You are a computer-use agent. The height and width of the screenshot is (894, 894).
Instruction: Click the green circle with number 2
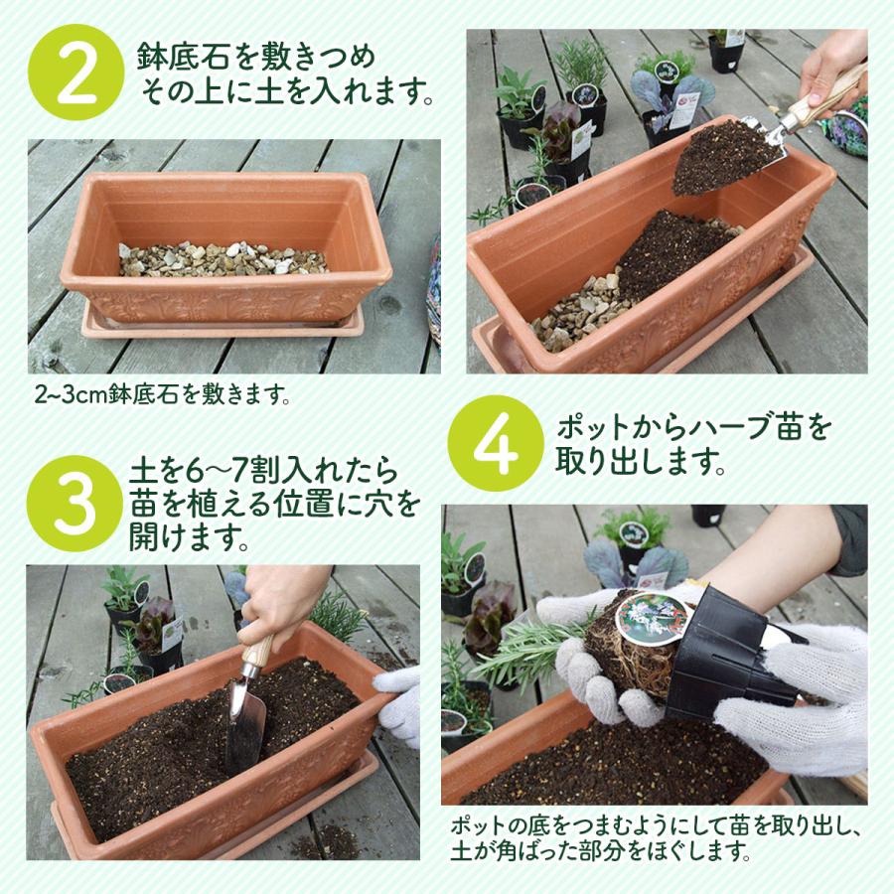pyautogui.click(x=76, y=78)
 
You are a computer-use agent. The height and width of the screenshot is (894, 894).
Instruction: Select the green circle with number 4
pyautogui.click(x=494, y=444)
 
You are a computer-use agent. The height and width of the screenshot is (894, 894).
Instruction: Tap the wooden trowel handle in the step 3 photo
pyautogui.click(x=260, y=647)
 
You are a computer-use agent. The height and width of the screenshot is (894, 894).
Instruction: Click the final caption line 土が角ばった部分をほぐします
pyautogui.click(x=601, y=851)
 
